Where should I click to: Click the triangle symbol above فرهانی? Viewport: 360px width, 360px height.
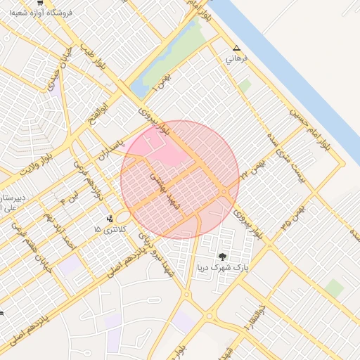pyautogui.click(x=236, y=49)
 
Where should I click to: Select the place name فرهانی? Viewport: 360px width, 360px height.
pyautogui.click(x=235, y=60)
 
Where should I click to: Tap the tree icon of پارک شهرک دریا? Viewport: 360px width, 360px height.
pyautogui.click(x=223, y=257)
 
